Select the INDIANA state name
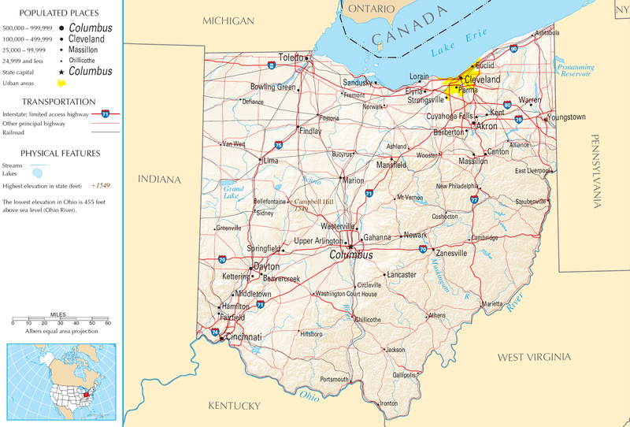click(x=160, y=180)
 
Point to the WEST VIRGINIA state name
click(x=532, y=358)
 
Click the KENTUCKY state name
click(x=233, y=406)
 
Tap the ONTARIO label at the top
click(x=370, y=8)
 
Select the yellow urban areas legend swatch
click(x=60, y=84)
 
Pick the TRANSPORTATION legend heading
click(x=60, y=102)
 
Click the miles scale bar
click(x=61, y=320)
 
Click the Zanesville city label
click(x=451, y=254)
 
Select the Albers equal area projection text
click(x=61, y=332)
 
